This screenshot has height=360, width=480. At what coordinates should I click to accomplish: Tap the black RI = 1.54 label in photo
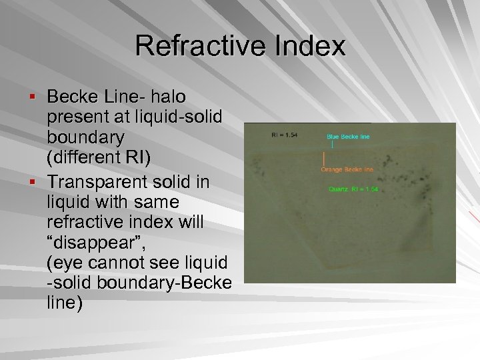coord(285,135)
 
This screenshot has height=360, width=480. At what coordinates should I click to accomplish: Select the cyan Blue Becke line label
coord(348,137)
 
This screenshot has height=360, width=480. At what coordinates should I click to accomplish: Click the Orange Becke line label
coord(347,169)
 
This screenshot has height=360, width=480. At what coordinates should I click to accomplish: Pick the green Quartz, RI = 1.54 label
coord(354,189)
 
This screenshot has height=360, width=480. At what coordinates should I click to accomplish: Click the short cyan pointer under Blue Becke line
coord(331,143)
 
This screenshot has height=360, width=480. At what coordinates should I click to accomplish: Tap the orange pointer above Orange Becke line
coord(324,159)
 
